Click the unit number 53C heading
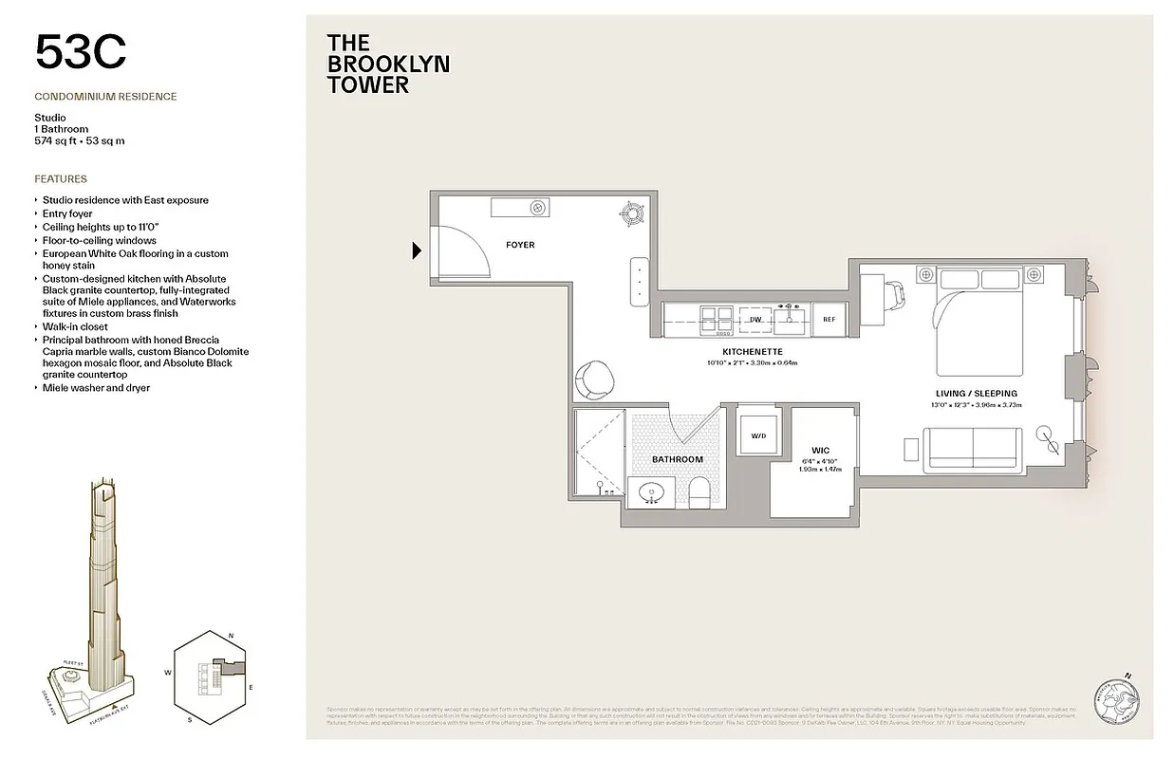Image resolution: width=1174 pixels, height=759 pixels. (x=80, y=52)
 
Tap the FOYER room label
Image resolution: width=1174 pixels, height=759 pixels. (x=519, y=245)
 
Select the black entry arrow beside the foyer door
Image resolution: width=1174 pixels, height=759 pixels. (x=417, y=251)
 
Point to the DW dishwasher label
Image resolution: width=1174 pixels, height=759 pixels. (x=755, y=320)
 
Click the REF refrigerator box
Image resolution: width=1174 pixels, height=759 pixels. (x=829, y=320)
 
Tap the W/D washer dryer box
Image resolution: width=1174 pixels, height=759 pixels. (x=758, y=436)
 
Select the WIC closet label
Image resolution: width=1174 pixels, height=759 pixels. (x=821, y=450)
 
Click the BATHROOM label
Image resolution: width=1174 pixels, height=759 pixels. (x=677, y=459)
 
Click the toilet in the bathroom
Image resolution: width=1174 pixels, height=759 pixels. (x=699, y=491)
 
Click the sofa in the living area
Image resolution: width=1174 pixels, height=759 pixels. (x=974, y=451)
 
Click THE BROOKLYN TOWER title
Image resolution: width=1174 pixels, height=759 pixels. (x=387, y=64)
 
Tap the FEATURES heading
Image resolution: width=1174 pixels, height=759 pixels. (x=61, y=178)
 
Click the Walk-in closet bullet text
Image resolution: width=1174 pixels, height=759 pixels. (x=75, y=326)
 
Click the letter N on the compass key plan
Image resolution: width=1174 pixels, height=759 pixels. (x=231, y=636)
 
